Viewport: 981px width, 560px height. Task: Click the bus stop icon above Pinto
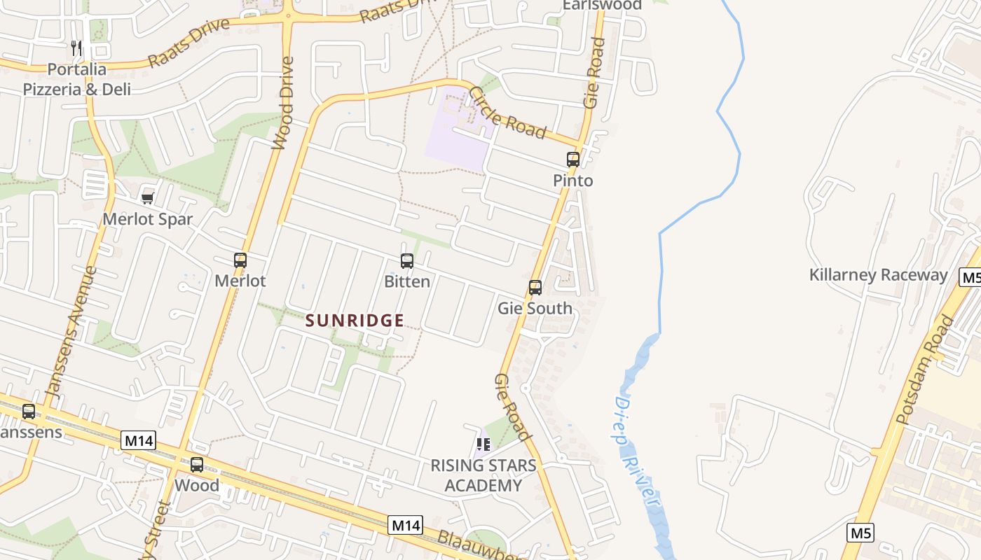573,160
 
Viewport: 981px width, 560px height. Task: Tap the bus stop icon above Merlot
240,260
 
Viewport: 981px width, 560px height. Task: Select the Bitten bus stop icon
407,261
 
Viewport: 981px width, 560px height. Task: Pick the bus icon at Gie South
535,288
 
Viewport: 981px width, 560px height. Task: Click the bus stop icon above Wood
197,464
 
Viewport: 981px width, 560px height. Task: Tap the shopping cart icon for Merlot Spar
148,198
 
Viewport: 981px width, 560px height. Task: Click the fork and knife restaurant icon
77,48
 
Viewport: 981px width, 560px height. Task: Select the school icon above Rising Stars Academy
483,444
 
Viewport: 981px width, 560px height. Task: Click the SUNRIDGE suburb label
355,321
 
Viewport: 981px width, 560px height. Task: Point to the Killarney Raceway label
878,274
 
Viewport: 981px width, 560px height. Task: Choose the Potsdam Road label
926,370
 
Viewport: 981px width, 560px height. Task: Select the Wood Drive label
283,103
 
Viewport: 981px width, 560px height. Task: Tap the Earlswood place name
602,6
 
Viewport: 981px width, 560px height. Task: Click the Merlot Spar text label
147,219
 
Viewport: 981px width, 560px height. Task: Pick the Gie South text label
535,308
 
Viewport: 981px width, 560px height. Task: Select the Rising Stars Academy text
483,475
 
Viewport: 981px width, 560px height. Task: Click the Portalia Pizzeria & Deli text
77,79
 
